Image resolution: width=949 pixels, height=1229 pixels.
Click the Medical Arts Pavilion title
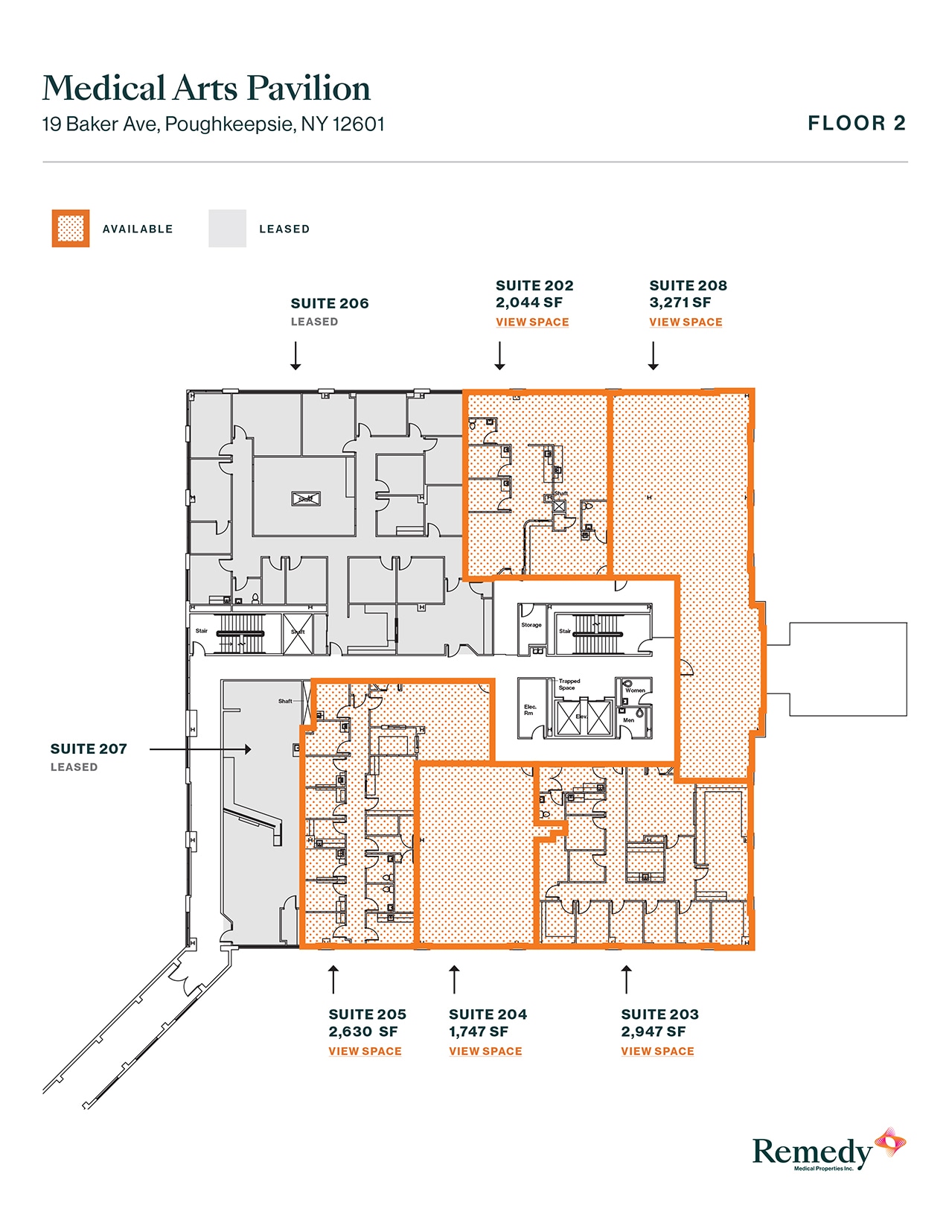206,89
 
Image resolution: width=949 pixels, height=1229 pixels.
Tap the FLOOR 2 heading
856,124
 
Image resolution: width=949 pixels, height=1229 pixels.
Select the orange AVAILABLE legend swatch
71,229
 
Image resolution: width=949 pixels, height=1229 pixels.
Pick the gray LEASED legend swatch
227,229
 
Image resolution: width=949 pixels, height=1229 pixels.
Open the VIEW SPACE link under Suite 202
532,323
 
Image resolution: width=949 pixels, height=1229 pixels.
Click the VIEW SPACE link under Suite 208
686,323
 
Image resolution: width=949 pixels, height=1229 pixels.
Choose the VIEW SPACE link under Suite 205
365,1051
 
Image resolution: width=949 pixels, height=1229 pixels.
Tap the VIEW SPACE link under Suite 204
485,1051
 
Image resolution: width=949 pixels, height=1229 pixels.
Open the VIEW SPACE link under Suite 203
657,1051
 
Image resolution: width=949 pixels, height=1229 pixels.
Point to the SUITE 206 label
330,304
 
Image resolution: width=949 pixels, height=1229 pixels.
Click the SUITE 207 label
89,749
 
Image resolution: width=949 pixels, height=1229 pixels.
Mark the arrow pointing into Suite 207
200,749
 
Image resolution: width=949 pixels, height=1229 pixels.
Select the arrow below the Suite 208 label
654,356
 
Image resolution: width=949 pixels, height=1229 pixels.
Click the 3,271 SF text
680,302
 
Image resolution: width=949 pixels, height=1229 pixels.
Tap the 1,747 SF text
479,1032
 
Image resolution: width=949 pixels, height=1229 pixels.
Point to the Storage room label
531,625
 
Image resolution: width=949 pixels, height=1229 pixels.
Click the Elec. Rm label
530,710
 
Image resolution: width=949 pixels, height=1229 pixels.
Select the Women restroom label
635,690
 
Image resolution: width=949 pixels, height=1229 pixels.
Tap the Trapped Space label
569,684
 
